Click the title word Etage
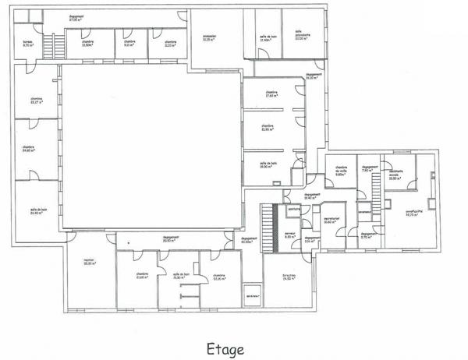point(226,349)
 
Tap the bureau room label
point(27,44)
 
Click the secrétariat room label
point(331,221)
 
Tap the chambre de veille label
point(341,171)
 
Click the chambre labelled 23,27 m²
point(37,101)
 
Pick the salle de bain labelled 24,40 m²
point(36,211)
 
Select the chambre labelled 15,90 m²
point(268,128)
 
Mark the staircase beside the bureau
point(55,46)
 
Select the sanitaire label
point(294,209)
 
